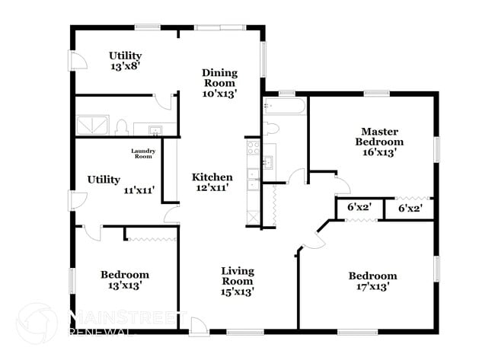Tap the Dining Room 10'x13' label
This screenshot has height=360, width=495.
point(219,84)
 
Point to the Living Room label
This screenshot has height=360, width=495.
point(237,281)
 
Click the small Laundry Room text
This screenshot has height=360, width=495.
point(143,154)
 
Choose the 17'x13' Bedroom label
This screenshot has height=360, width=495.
point(372,281)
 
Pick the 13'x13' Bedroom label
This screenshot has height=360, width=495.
point(124,279)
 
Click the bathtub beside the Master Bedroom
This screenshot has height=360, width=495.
point(284,108)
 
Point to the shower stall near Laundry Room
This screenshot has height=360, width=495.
point(92,126)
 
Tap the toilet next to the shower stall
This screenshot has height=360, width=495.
point(122,128)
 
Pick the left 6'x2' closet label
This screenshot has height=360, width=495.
point(358,207)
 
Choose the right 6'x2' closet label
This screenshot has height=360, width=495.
point(410,207)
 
